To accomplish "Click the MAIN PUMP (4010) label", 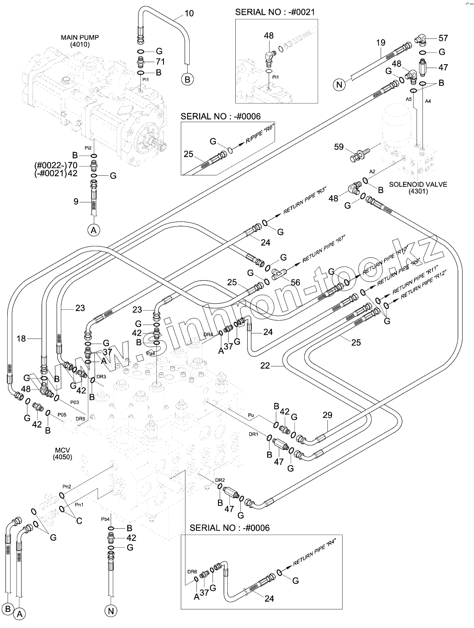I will pos(80,41).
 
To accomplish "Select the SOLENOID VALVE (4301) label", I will pos(418,188).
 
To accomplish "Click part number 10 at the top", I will pos(189,14).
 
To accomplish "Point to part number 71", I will pos(160,62).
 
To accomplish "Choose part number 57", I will pos(443,38).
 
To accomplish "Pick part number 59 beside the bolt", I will pos(339,147).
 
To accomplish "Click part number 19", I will pos(381,42).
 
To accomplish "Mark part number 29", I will pos(327,416).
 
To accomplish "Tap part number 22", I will pos(265,366).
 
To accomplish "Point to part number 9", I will pos(76,202).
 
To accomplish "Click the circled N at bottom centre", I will pos(111,610).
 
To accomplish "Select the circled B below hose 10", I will pos(188,79).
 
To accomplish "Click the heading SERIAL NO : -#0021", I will pos(275,12).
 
